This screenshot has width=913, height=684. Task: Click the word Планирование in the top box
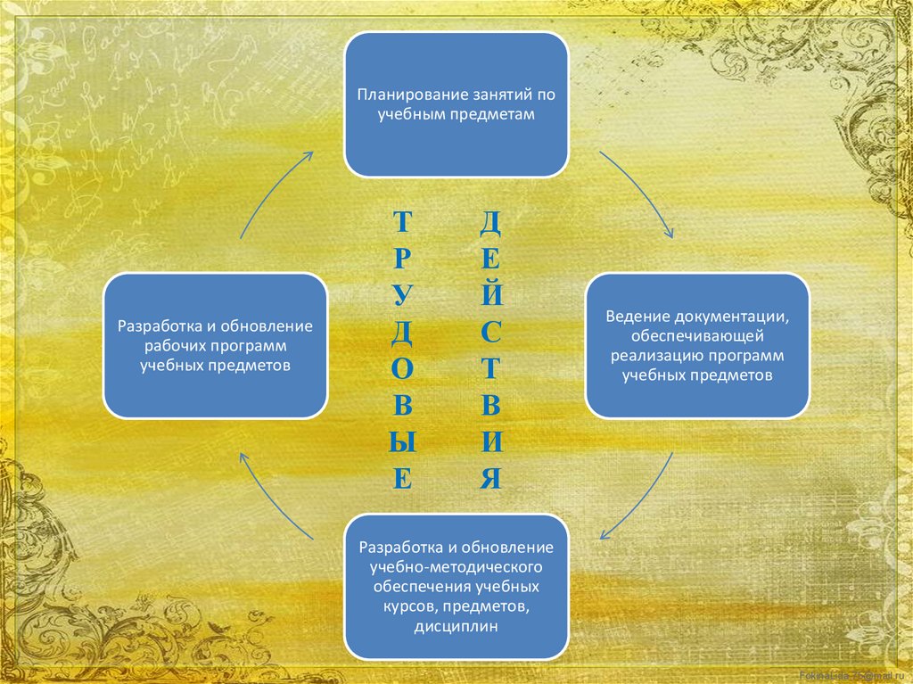[400, 95]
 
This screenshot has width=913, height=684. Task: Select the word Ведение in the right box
[635, 317]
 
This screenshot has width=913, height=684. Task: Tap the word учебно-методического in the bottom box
[456, 567]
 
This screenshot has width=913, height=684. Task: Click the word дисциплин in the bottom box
[456, 627]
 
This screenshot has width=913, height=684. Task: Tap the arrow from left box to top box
[274, 191]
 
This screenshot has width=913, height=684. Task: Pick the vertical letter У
[402, 295]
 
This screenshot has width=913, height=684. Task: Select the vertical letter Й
[490, 293]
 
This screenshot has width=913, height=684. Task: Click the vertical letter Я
[490, 480]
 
